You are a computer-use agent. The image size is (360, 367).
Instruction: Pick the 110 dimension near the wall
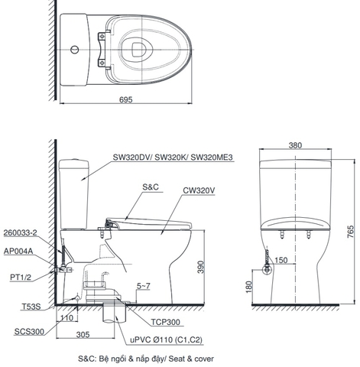point(66,317)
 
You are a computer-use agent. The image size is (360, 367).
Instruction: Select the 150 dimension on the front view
point(282,261)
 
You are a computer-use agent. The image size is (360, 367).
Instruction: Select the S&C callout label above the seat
point(150,187)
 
